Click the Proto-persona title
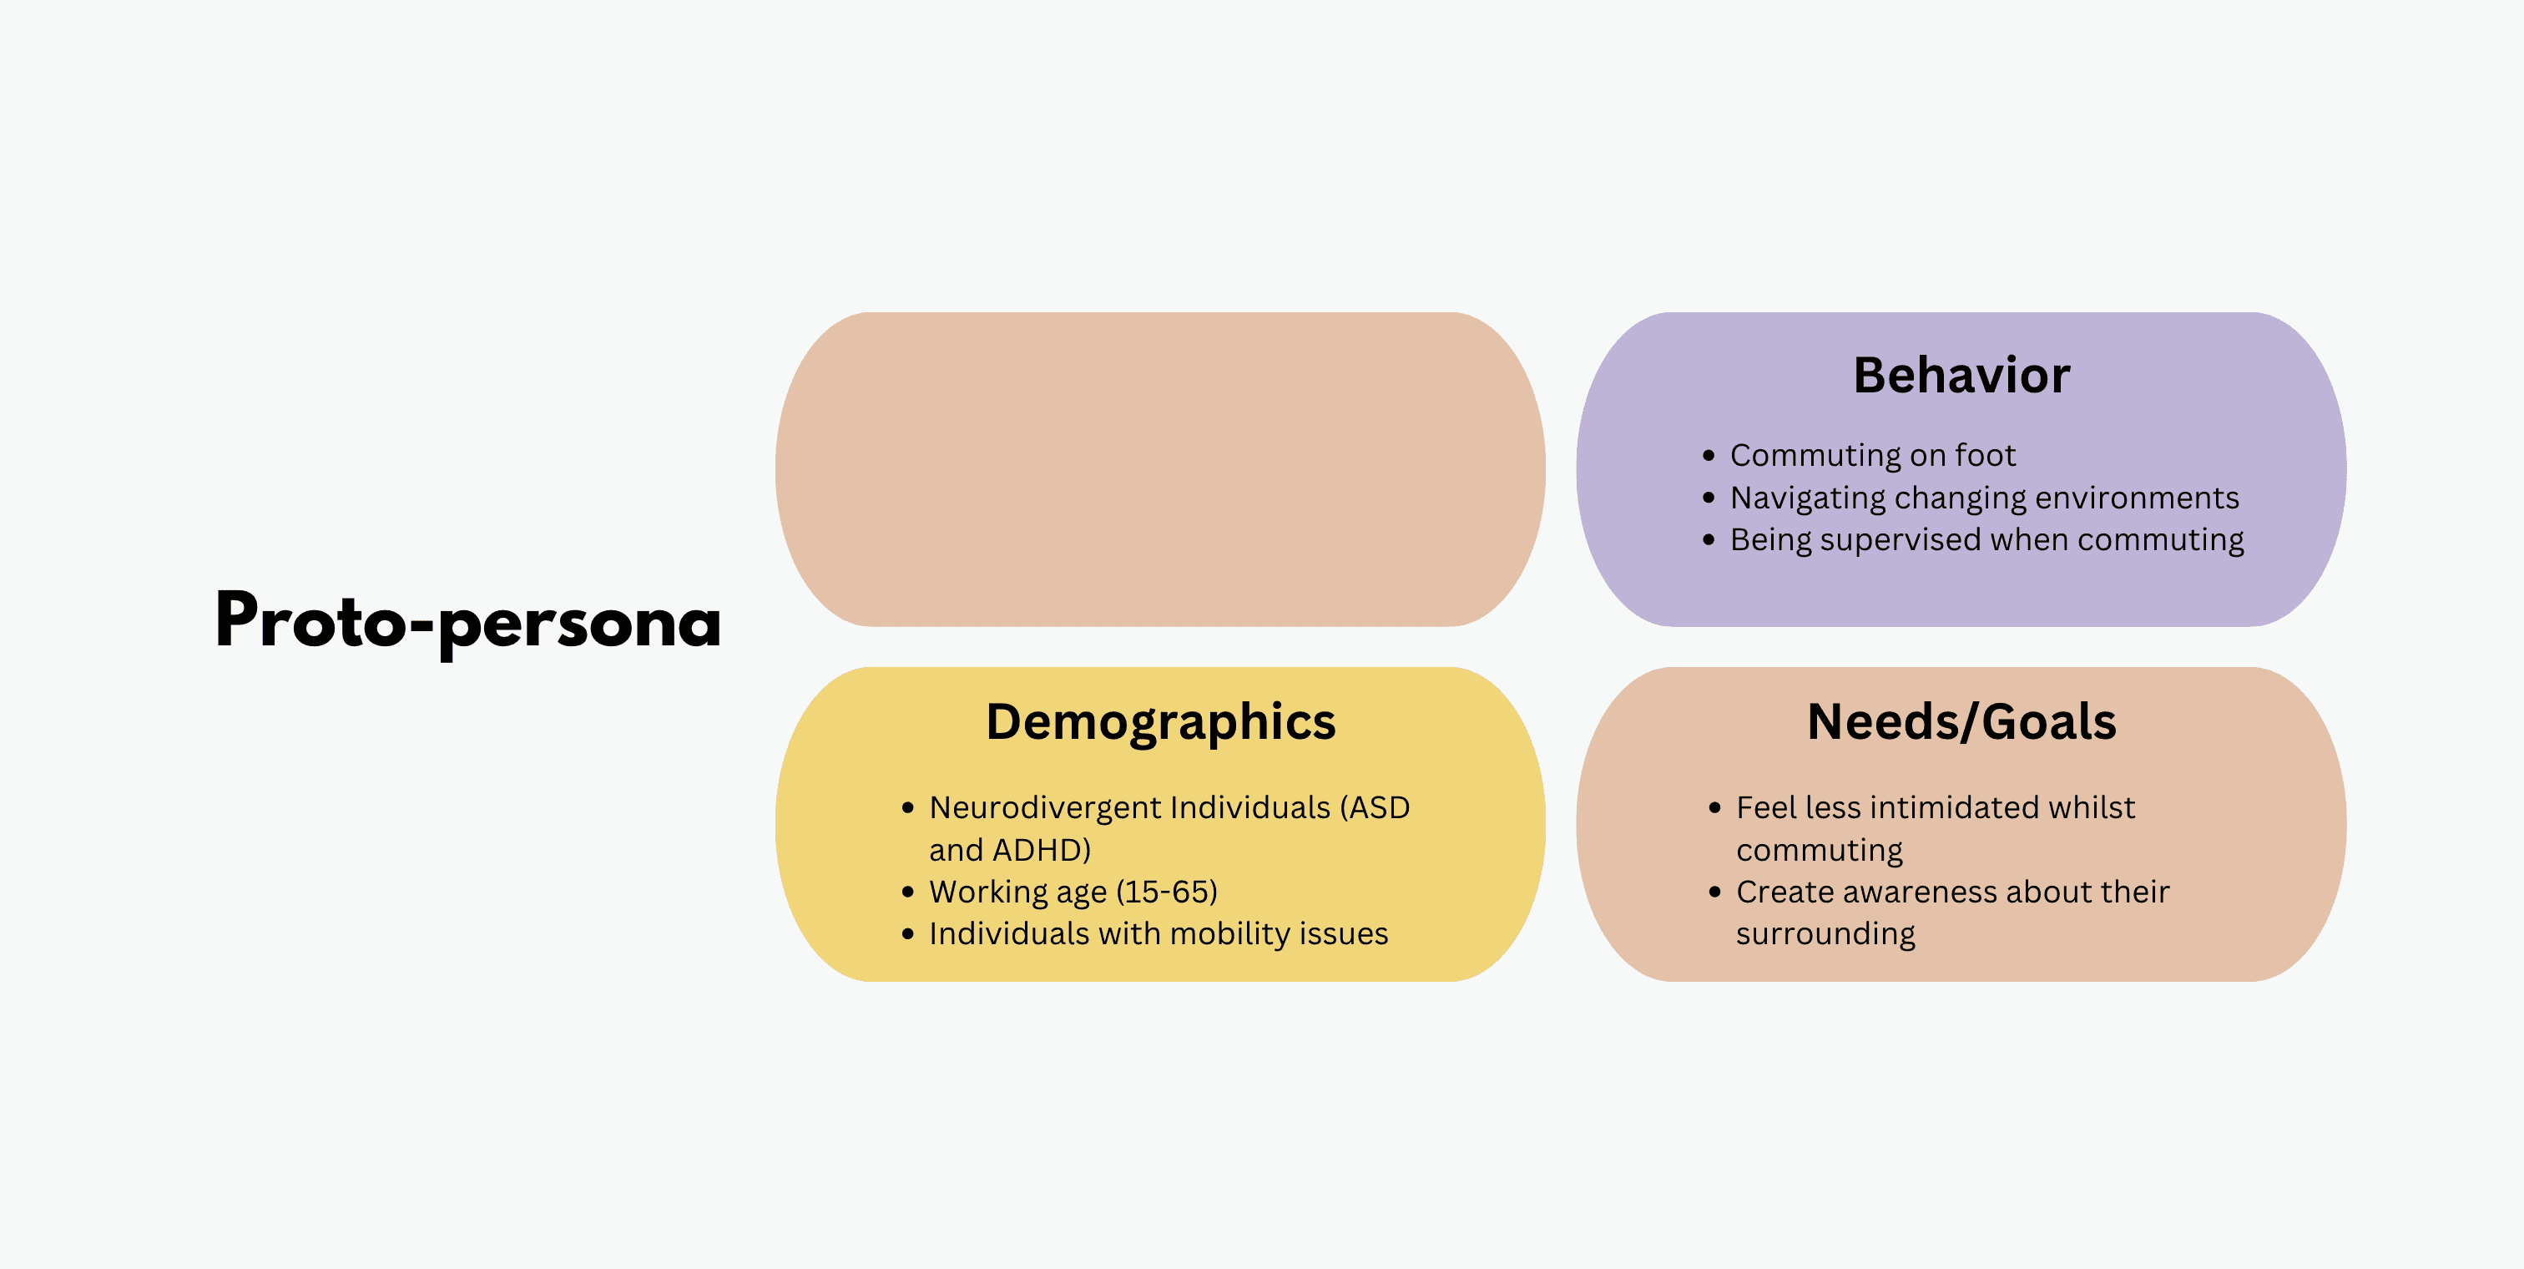468,621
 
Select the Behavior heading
1961,376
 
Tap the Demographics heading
1160,722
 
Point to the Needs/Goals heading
1961,722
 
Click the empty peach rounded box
1160,469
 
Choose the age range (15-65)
1167,892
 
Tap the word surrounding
1825,934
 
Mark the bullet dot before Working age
907,892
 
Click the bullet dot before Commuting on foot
1709,456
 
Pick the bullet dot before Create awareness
1714,892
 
